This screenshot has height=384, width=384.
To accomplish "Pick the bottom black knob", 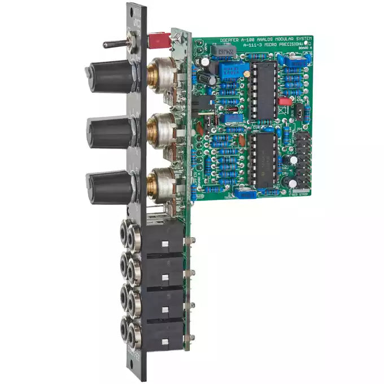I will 111,186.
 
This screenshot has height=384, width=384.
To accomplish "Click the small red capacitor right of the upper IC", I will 285,102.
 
